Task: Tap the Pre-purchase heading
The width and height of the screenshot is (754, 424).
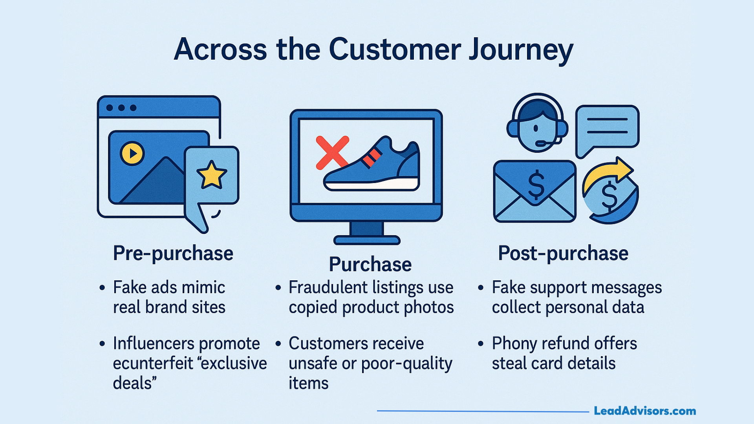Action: pyautogui.click(x=173, y=253)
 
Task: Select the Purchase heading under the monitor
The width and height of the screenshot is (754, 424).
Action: pyautogui.click(x=370, y=264)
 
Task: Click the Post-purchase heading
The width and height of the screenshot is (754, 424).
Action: pyautogui.click(x=563, y=253)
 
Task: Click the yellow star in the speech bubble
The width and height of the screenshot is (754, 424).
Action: pyautogui.click(x=212, y=175)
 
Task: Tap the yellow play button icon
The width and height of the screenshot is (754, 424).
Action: pyautogui.click(x=132, y=153)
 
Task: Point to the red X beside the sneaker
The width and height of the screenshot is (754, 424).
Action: pyautogui.click(x=332, y=152)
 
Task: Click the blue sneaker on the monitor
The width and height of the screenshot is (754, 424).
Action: pyautogui.click(x=373, y=167)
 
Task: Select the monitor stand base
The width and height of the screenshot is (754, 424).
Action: pyautogui.click(x=367, y=240)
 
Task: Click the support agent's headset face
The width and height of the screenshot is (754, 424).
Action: pyautogui.click(x=537, y=126)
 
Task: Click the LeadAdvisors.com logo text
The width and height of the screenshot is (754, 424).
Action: pyautogui.click(x=644, y=411)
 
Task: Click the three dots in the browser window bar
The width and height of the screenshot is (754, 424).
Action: pyautogui.click(x=121, y=108)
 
